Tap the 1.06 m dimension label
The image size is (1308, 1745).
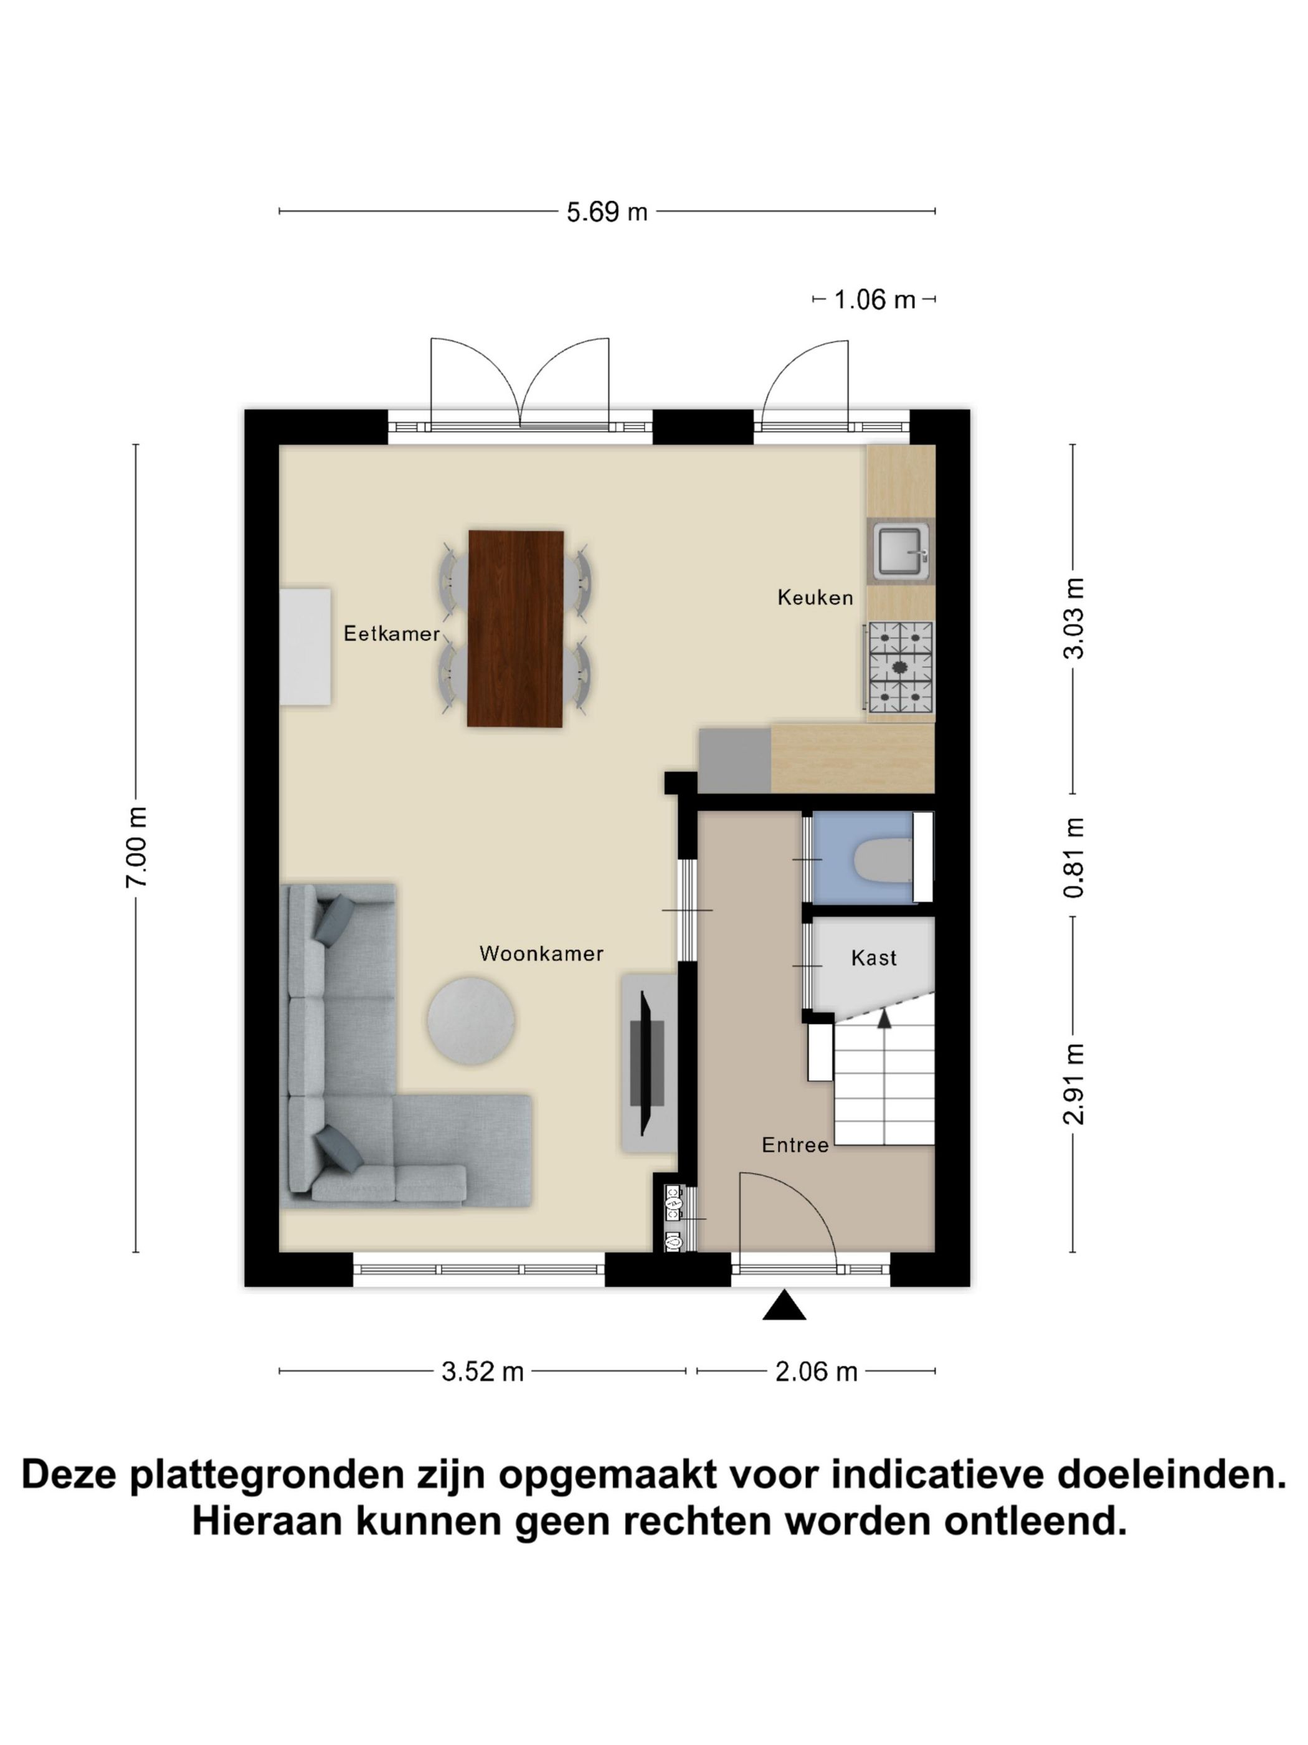[874, 300]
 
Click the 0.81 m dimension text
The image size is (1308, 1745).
[1074, 857]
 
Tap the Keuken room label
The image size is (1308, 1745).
[815, 597]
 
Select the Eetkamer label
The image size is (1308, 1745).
[392, 633]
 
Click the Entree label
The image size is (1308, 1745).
[795, 1145]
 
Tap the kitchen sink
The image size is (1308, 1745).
[901, 552]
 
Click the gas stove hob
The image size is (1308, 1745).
[899, 667]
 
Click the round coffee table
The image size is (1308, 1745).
[472, 1021]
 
